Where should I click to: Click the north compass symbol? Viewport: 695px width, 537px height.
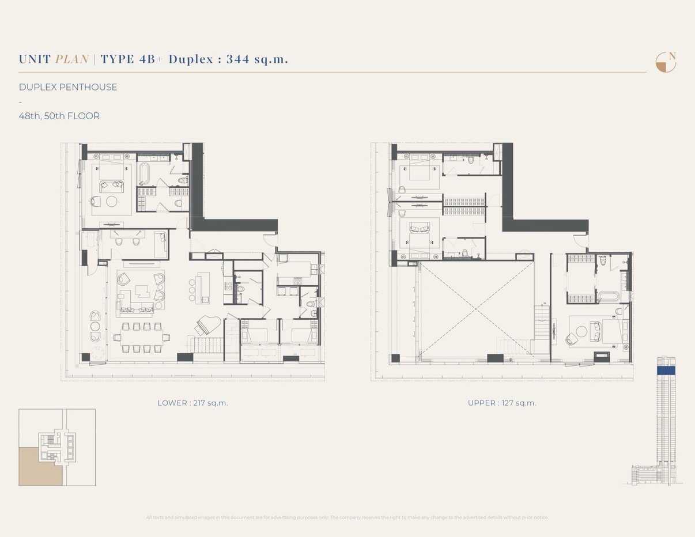pyautogui.click(x=666, y=62)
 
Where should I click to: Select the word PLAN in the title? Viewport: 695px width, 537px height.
pyautogui.click(x=72, y=59)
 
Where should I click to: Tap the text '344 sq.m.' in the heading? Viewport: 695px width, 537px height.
pyautogui.click(x=257, y=59)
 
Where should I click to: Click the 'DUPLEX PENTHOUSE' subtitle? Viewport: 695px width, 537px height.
pyautogui.click(x=68, y=87)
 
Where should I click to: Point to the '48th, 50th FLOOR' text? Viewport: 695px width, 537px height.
pyautogui.click(x=59, y=116)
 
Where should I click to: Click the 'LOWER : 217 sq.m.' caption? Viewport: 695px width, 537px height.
pyautogui.click(x=192, y=403)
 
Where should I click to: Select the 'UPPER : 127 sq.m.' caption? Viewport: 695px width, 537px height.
pyautogui.click(x=502, y=403)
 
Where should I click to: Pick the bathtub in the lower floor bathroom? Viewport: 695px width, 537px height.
pyautogui.click(x=145, y=173)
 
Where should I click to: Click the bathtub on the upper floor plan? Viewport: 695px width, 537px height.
pyautogui.click(x=607, y=297)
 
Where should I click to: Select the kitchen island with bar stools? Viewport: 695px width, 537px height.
pyautogui.click(x=202, y=288)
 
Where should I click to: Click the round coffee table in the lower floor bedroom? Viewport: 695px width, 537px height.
pyautogui.click(x=111, y=201)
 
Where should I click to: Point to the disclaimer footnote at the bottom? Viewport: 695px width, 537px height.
pyautogui.click(x=347, y=517)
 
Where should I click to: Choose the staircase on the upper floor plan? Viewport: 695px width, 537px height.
pyautogui.click(x=542, y=323)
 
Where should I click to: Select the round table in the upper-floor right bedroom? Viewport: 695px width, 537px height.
pyautogui.click(x=581, y=332)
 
